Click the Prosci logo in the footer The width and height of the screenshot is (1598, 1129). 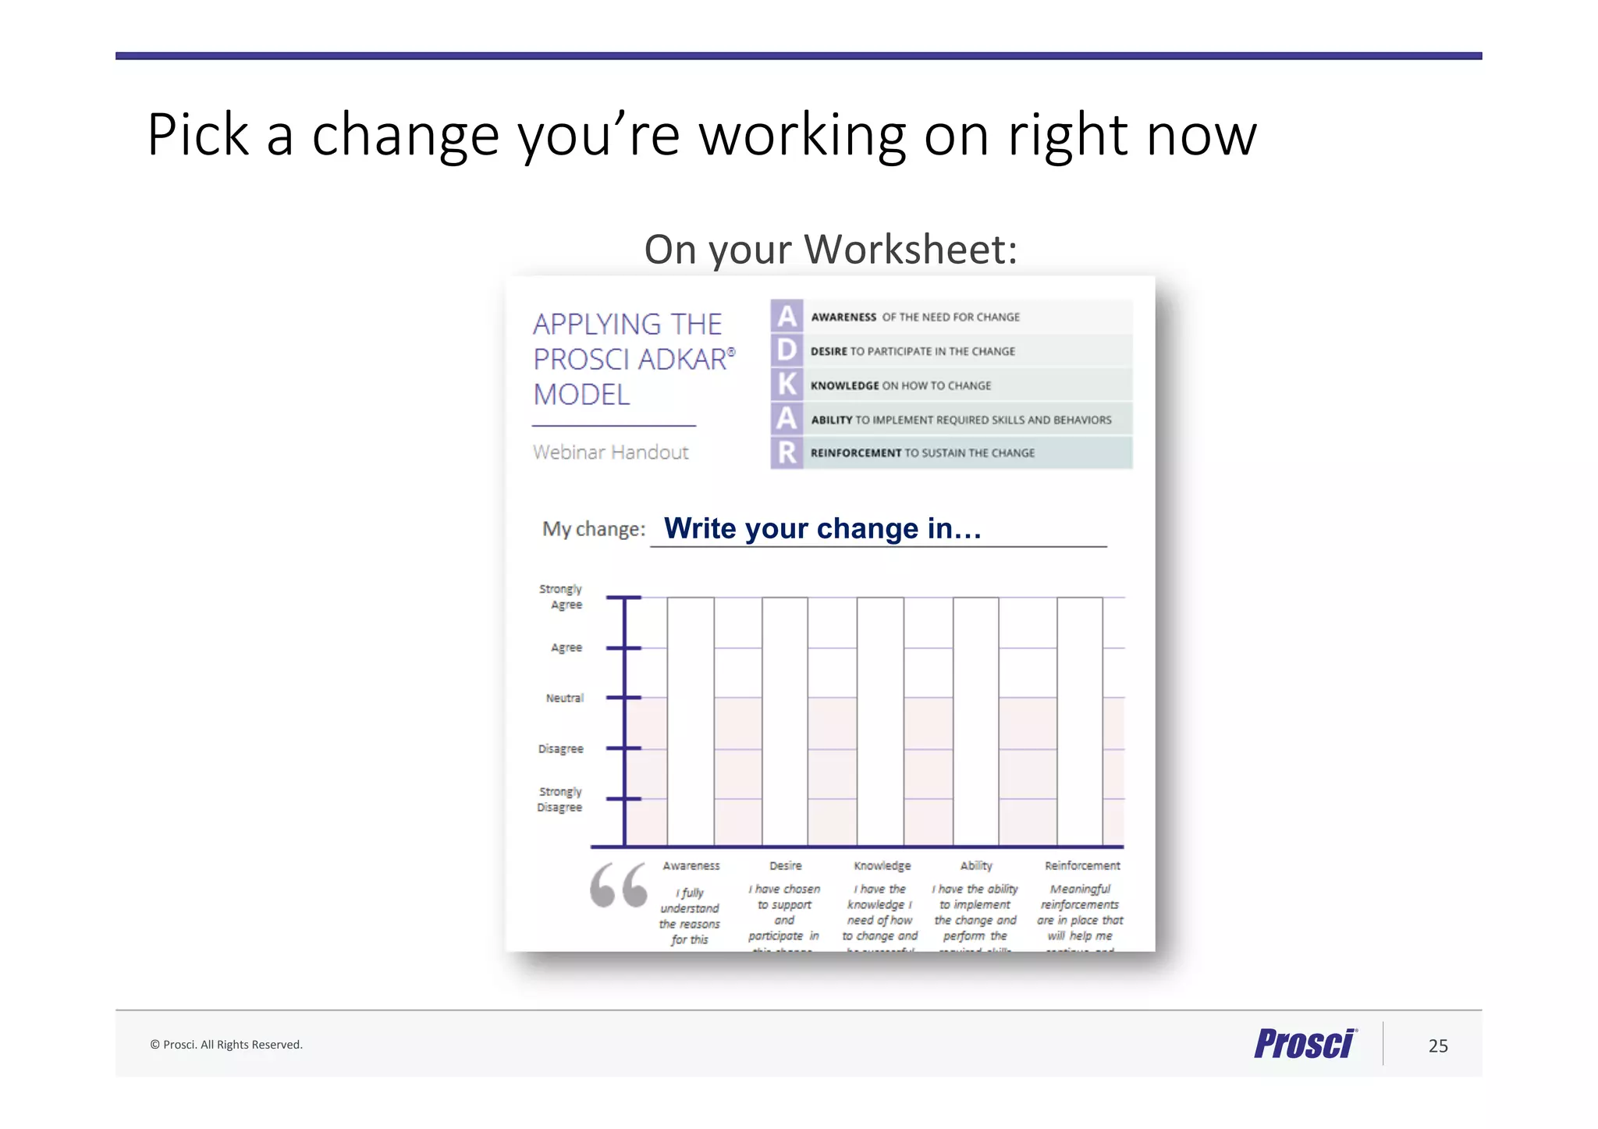click(1305, 1044)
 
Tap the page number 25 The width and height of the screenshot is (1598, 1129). click(1438, 1046)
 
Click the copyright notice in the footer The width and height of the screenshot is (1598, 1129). click(226, 1045)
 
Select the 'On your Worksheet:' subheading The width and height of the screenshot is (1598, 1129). click(830, 250)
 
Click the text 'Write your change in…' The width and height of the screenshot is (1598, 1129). click(822, 529)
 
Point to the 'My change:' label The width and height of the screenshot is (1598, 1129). click(594, 530)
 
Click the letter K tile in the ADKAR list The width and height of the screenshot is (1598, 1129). click(787, 385)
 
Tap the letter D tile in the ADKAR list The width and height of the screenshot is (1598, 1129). click(787, 350)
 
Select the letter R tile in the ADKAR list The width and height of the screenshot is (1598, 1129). click(787, 453)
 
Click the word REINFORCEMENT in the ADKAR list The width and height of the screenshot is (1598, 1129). click(855, 453)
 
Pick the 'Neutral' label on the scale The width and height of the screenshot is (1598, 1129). click(564, 698)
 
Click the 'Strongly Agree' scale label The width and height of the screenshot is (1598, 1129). click(561, 597)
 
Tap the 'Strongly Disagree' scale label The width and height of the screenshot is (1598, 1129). click(559, 800)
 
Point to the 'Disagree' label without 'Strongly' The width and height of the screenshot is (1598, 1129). click(560, 749)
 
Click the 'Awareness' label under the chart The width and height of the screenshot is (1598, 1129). click(691, 866)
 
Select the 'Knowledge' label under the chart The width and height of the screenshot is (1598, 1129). click(882, 866)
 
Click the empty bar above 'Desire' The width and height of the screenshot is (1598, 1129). click(785, 722)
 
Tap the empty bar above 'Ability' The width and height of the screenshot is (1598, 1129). click(975, 722)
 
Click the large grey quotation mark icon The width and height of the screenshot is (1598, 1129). click(618, 886)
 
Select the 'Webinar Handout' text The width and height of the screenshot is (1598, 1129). click(610, 453)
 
